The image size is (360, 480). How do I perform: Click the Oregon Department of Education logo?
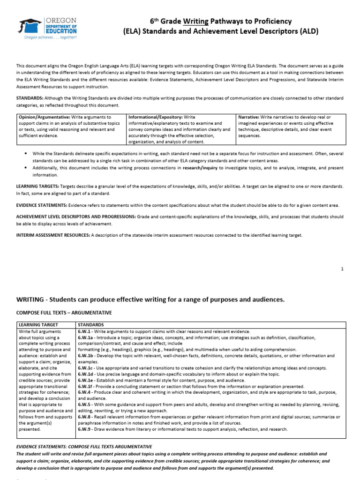coord(47,28)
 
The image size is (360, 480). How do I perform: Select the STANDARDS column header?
coord(91,324)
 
